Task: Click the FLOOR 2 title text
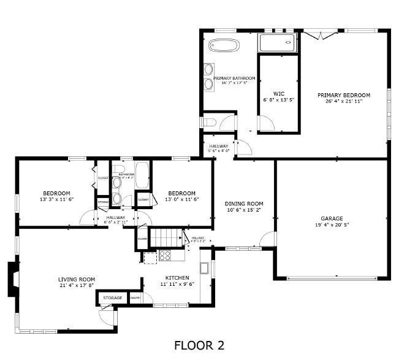coord(199,346)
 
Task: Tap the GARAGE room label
coord(332,218)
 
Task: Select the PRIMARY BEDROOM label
coord(343,95)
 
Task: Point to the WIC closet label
coord(278,93)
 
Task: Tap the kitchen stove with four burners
coord(165,256)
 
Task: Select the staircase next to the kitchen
coord(167,236)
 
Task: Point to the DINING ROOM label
coord(243,204)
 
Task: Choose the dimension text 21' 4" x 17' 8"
coord(77,285)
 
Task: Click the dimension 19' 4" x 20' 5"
coord(332,224)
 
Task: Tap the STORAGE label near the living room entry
coord(112,298)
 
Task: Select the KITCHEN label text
coord(177,278)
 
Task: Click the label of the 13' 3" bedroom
coord(56,193)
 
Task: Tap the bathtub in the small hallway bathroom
coord(142,175)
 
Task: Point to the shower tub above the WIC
coord(277,43)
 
